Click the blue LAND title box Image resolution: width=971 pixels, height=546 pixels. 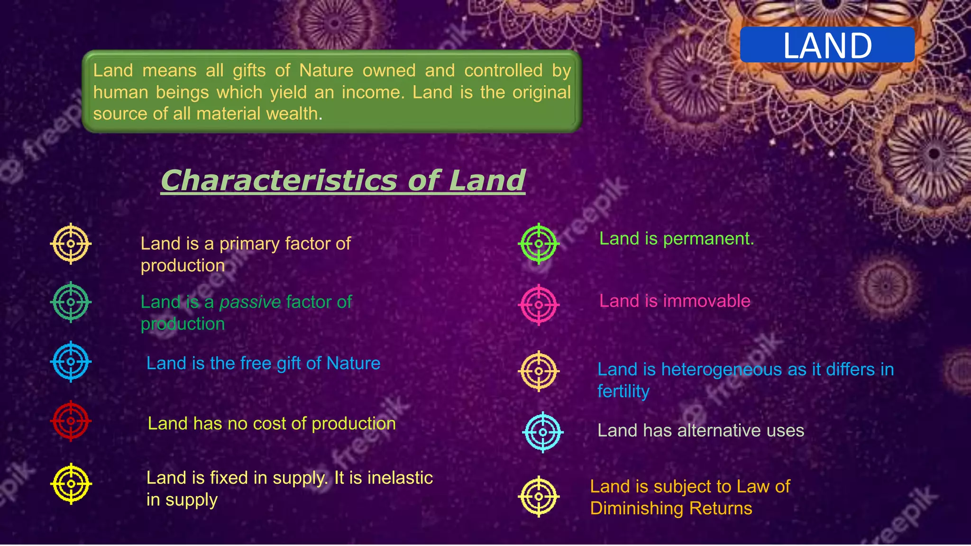click(827, 45)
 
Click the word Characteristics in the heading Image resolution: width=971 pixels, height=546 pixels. click(279, 181)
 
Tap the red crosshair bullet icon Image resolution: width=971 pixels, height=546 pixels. click(71, 421)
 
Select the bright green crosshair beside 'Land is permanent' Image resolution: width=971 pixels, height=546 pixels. click(539, 244)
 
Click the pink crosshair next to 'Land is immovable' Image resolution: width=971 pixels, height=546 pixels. click(539, 305)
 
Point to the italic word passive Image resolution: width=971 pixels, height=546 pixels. click(250, 302)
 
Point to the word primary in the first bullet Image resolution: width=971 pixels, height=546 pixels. click(249, 244)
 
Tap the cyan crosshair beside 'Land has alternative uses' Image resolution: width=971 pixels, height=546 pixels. click(543, 432)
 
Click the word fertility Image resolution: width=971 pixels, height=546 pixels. click(623, 391)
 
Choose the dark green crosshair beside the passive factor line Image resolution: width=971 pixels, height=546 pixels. click(71, 302)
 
